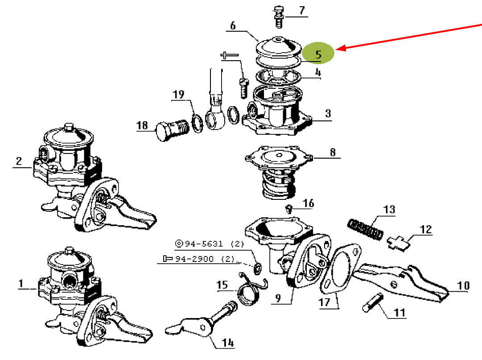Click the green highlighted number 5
318,54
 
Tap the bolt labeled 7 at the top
279,17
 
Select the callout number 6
233,25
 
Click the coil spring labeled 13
366,229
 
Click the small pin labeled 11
373,302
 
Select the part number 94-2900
194,259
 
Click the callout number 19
178,95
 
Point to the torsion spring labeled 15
251,289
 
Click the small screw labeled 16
288,210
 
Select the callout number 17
324,302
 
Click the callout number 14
227,343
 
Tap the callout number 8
333,152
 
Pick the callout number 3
328,113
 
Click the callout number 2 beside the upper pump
19,161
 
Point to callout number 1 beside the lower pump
21,283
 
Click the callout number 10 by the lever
463,286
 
